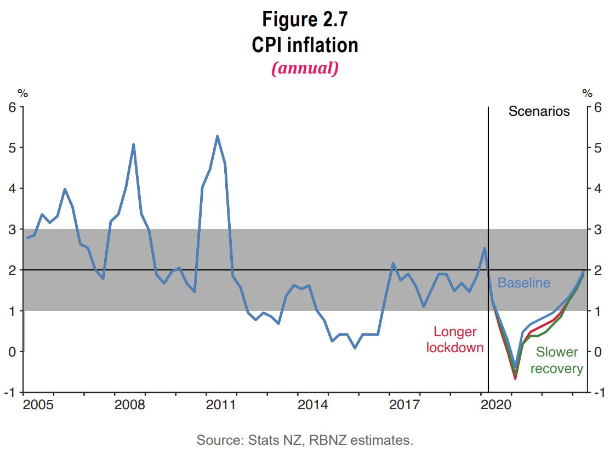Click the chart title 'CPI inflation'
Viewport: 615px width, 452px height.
coord(305,44)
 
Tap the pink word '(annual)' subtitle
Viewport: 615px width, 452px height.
coord(305,68)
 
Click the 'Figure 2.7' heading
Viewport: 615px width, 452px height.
coord(305,20)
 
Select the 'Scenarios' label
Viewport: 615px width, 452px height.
coord(539,111)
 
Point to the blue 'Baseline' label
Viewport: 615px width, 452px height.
coord(523,283)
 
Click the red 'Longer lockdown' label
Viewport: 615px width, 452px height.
coord(455,340)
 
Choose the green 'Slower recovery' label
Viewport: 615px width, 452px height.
coord(556,360)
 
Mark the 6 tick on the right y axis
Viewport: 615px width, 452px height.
coord(597,107)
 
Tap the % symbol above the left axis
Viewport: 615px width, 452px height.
coord(22,93)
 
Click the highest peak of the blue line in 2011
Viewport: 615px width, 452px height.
coord(217,136)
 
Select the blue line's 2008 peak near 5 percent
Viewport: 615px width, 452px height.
coord(133,144)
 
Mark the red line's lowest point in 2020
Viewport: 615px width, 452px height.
coord(515,378)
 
